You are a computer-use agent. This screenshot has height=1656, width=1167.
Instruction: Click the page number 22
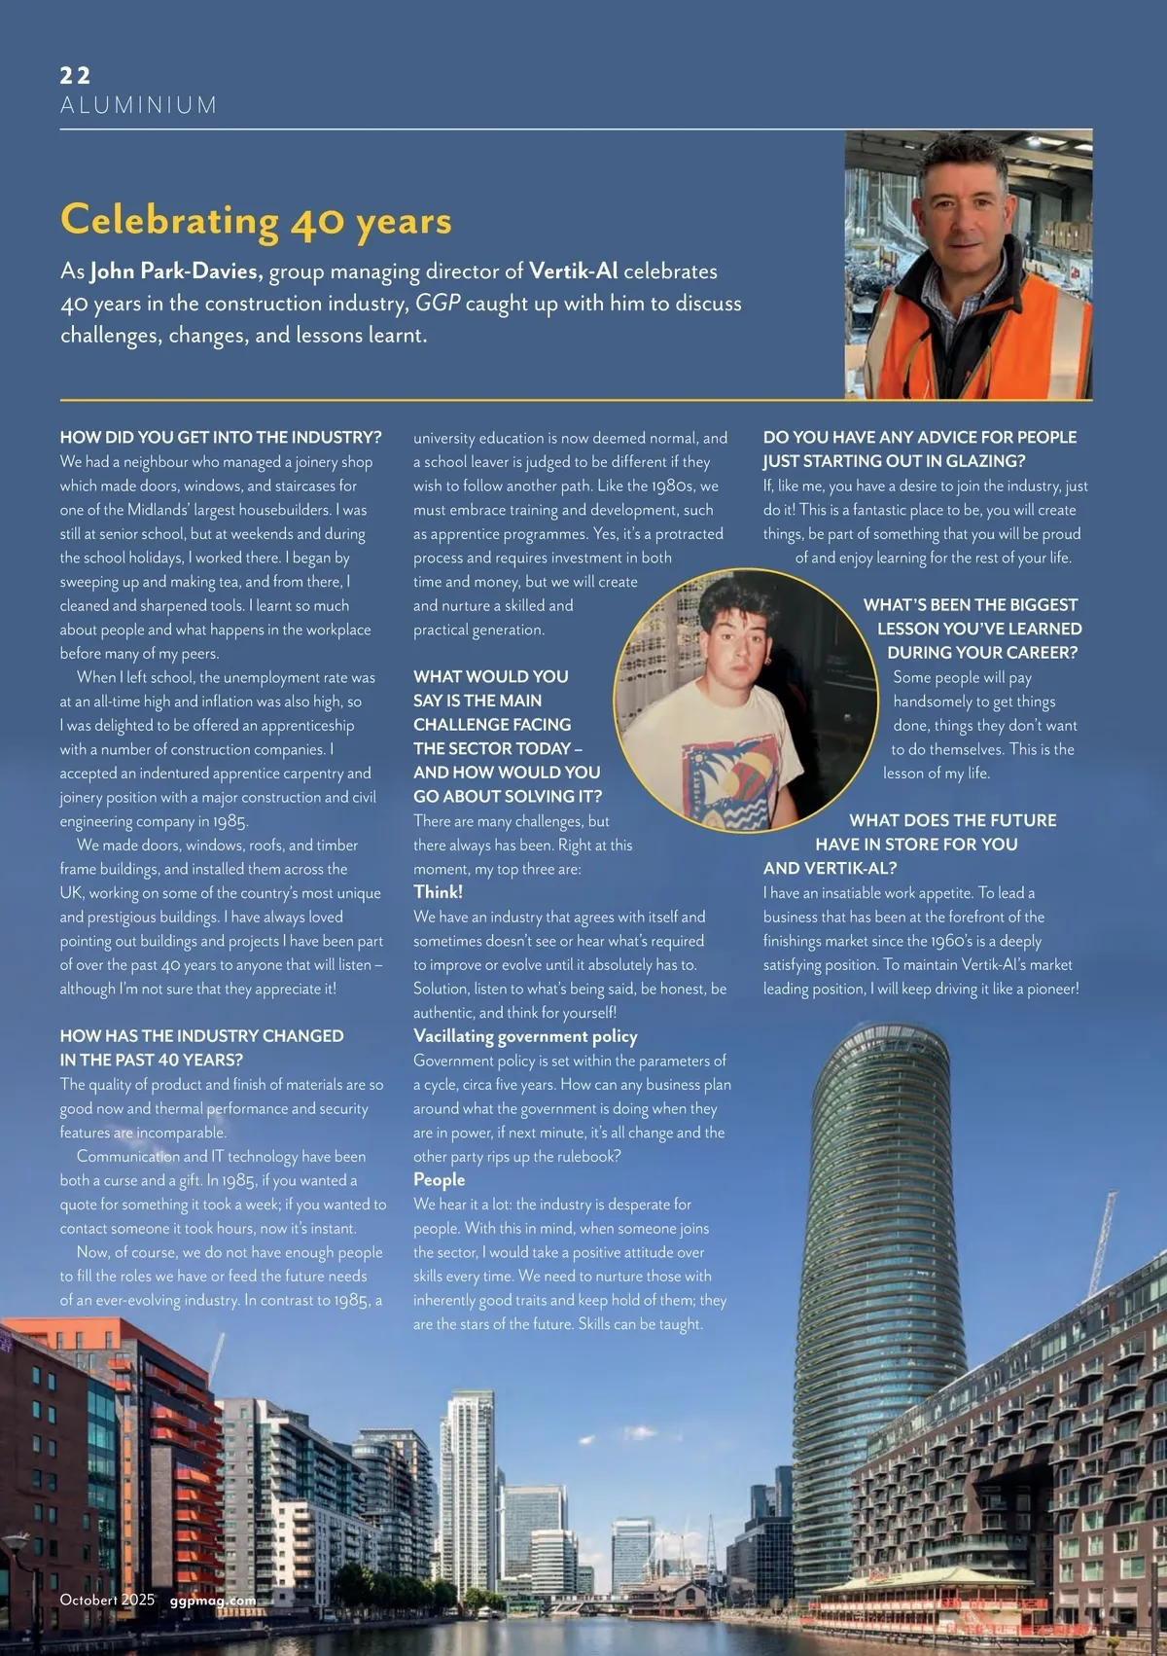pos(75,75)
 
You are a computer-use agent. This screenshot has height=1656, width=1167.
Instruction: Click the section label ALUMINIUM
pos(138,105)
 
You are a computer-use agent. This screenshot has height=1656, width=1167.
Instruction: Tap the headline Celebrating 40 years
pos(256,221)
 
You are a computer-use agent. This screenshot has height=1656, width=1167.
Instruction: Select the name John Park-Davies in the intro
pos(176,271)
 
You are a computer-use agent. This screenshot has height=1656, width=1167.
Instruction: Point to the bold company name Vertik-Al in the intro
pos(573,271)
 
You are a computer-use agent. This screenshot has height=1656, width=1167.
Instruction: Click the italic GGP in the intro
pos(437,304)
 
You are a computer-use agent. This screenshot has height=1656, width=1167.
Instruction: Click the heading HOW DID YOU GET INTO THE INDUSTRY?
pos(221,438)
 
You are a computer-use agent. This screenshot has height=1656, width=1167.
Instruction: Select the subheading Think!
pos(438,892)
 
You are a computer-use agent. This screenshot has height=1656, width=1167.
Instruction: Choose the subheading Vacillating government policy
pos(525,1036)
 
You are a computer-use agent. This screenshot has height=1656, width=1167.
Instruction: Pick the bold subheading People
pos(439,1180)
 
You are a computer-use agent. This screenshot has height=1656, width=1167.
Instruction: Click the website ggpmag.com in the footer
pos(213,1600)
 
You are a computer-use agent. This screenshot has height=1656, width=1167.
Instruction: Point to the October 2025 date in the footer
pos(107,1600)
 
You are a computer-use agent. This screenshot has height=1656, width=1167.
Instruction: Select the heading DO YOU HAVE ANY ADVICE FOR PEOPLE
pos(919,438)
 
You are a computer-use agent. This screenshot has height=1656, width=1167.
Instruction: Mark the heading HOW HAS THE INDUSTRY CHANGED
pos(201,1036)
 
